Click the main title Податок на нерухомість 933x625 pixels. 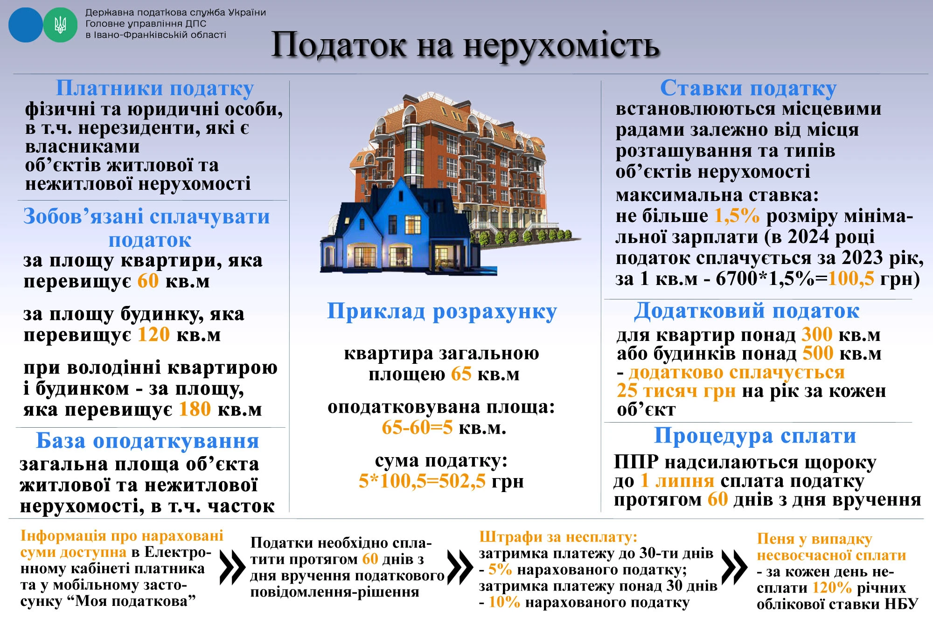(465, 45)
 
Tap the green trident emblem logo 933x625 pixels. (60, 25)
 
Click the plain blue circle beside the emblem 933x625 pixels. (26, 25)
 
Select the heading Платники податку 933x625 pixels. (154, 88)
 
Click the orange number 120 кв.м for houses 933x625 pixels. (153, 334)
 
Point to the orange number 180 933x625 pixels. (195, 409)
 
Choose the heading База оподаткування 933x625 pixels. (147, 440)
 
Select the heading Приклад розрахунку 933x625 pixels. (442, 311)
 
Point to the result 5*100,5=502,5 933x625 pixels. (422, 481)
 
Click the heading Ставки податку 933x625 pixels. (748, 88)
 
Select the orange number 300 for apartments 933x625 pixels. (817, 334)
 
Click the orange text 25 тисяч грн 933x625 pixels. (676, 390)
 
